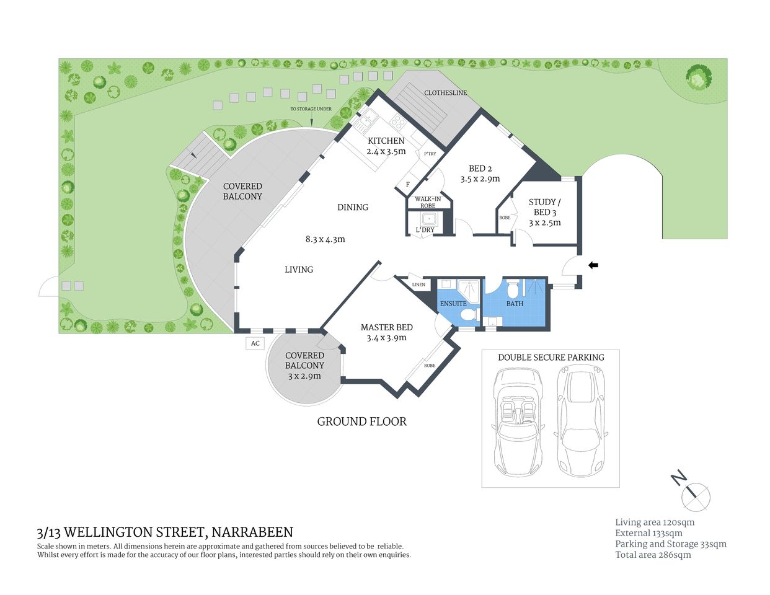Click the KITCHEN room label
[386, 141]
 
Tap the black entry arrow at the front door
[593, 265]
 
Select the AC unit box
[255, 343]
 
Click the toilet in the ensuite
[467, 315]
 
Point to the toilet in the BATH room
[513, 289]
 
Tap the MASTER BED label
[386, 327]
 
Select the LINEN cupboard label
[419, 284]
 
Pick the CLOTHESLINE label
[445, 93]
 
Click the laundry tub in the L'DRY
[428, 219]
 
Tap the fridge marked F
[408, 184]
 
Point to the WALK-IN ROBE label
[428, 202]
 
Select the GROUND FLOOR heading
[361, 421]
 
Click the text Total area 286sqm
[653, 555]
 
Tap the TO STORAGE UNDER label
[311, 109]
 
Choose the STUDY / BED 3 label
[544, 207]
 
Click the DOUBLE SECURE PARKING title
[551, 357]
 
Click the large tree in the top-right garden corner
[698, 77]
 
